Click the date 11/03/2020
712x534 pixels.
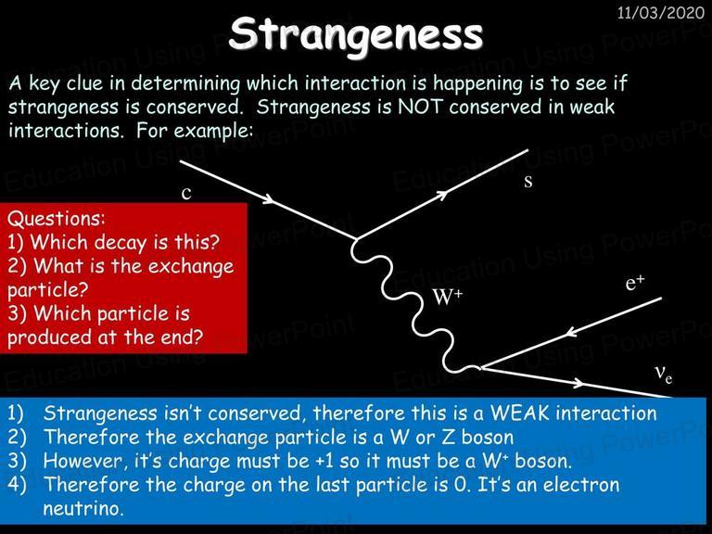[661, 12]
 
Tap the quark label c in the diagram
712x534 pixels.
[186, 194]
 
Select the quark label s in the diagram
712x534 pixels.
[528, 181]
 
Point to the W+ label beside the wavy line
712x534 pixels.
[447, 297]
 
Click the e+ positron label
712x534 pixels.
[635, 283]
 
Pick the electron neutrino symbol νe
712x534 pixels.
[664, 375]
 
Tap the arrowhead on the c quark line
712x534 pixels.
[269, 199]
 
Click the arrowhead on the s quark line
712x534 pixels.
[442, 195]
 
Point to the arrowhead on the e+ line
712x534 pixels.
[571, 333]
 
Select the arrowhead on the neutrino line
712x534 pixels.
[578, 383]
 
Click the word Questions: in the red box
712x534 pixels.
[56, 219]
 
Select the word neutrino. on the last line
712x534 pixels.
[83, 508]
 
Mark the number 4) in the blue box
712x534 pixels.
[16, 485]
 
